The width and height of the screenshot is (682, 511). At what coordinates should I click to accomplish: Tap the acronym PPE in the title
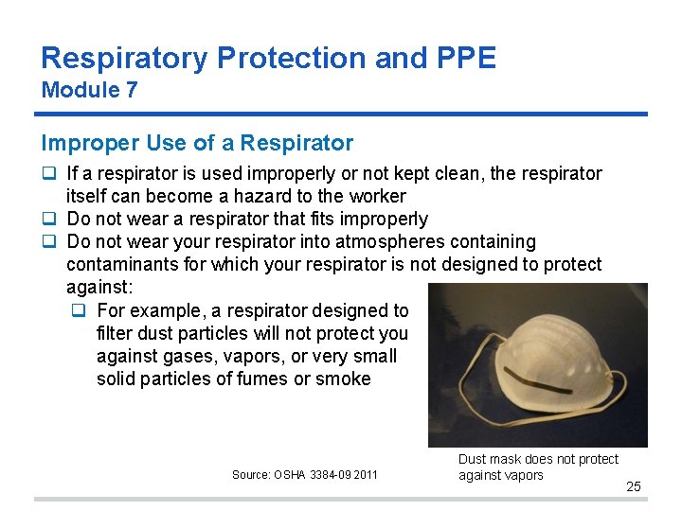tap(463, 58)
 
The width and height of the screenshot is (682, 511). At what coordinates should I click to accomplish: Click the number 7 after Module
tap(133, 91)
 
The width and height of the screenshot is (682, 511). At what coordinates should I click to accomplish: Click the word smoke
tap(345, 379)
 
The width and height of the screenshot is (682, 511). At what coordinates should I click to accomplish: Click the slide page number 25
tap(634, 486)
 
